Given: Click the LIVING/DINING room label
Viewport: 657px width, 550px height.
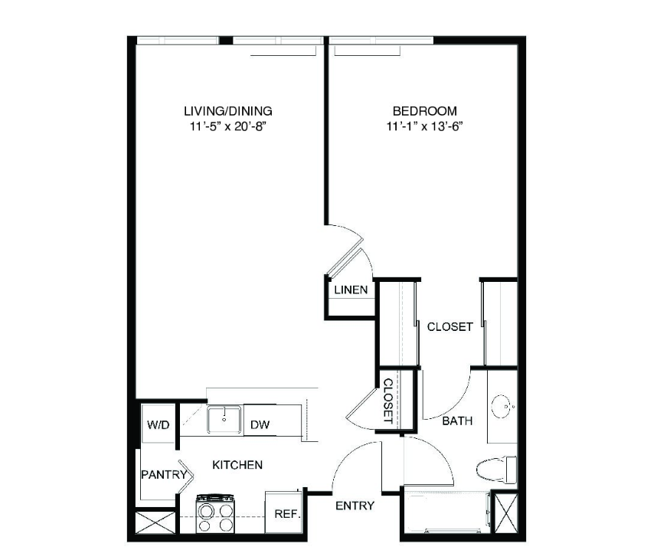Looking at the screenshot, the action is (x=228, y=111).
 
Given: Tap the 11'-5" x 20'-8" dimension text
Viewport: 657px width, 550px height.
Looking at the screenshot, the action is (x=228, y=126).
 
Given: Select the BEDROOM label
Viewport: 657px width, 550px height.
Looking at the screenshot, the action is (x=424, y=111).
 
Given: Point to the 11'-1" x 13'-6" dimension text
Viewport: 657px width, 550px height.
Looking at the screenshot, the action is (x=424, y=126).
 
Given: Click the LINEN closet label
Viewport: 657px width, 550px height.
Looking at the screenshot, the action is (x=351, y=290).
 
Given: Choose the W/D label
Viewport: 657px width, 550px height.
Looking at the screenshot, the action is (x=158, y=424).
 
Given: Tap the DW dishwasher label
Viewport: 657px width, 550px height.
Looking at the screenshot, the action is (x=260, y=424).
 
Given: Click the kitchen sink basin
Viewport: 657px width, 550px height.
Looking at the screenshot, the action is (x=224, y=420).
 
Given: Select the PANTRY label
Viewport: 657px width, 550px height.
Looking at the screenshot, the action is (x=164, y=474).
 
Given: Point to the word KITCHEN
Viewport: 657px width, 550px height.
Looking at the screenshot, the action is (x=237, y=464).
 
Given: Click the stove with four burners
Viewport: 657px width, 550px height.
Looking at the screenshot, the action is (x=215, y=513).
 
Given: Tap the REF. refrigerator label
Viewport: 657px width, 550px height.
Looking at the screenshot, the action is (x=287, y=513).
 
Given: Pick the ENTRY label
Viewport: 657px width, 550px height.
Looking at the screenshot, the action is (x=355, y=506).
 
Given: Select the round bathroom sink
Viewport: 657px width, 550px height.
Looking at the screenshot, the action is (x=503, y=406).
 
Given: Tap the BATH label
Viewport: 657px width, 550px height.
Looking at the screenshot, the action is (x=457, y=421).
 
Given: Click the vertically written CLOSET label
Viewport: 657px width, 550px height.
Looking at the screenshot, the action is (x=388, y=401).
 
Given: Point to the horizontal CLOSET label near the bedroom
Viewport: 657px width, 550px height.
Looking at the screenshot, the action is (x=449, y=326).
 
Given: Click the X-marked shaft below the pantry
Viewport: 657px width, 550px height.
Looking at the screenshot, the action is (x=155, y=522).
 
